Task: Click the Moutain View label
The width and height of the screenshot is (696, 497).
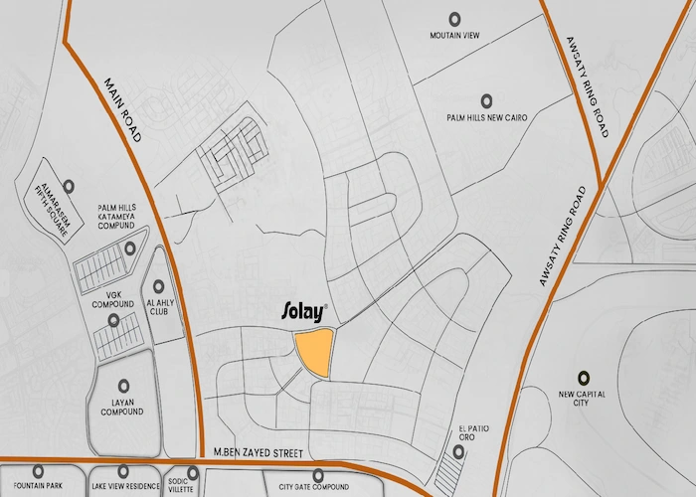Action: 454,36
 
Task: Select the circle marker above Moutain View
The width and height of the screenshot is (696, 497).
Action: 454,18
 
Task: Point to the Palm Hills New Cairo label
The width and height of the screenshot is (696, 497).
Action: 486,117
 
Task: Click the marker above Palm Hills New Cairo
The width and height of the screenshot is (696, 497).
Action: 486,99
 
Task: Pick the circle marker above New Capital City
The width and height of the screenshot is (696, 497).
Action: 584,377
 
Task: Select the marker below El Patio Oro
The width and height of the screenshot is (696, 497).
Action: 457,452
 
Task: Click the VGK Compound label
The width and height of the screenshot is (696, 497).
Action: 113,300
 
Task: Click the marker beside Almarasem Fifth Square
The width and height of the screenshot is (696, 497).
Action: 69,186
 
